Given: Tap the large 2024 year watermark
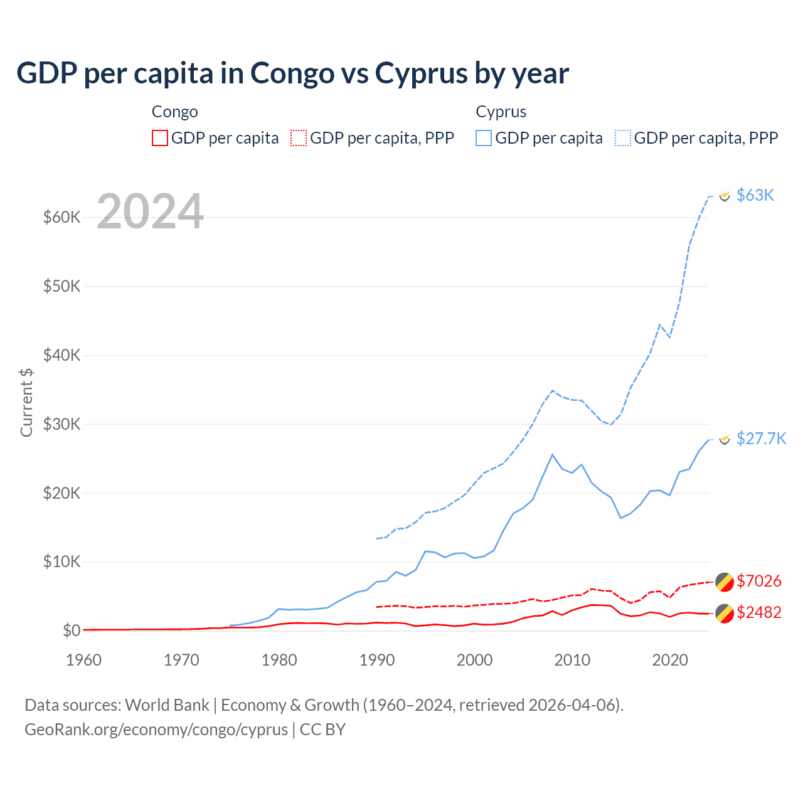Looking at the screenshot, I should click(151, 211).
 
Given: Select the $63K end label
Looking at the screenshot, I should click(755, 195).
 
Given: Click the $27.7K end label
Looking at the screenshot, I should click(761, 438).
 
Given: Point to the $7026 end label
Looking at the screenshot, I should click(758, 581).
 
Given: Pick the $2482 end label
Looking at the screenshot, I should click(758, 612).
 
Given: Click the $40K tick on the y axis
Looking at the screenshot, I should click(61, 355).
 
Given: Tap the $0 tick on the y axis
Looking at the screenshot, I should click(72, 630).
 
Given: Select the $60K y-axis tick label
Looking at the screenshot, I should click(61, 217).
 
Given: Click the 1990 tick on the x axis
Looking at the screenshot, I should click(376, 660).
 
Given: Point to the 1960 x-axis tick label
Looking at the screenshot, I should click(83, 660).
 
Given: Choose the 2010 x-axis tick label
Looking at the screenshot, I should click(572, 660).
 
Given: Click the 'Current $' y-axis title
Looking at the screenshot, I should click(26, 402).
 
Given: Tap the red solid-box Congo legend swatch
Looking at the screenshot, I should click(160, 138).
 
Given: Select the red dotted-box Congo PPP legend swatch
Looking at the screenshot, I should click(299, 138).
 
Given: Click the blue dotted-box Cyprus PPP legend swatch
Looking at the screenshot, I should click(623, 138).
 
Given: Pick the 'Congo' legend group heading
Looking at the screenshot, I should click(174, 112).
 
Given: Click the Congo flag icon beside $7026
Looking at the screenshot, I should click(725, 582).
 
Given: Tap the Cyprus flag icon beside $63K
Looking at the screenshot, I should click(725, 196).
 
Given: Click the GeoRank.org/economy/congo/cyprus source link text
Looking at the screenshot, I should click(156, 730).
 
